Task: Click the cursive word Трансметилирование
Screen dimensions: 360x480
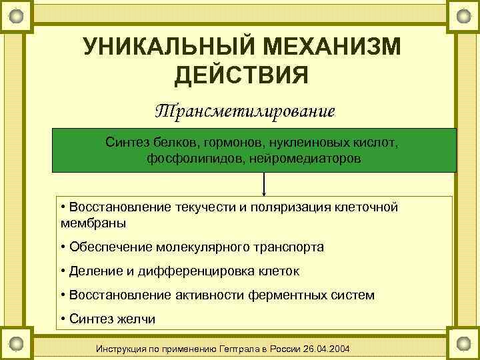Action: click(245, 110)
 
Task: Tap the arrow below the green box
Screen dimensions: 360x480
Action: click(265, 184)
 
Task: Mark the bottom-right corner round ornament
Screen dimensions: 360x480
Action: click(462, 343)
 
